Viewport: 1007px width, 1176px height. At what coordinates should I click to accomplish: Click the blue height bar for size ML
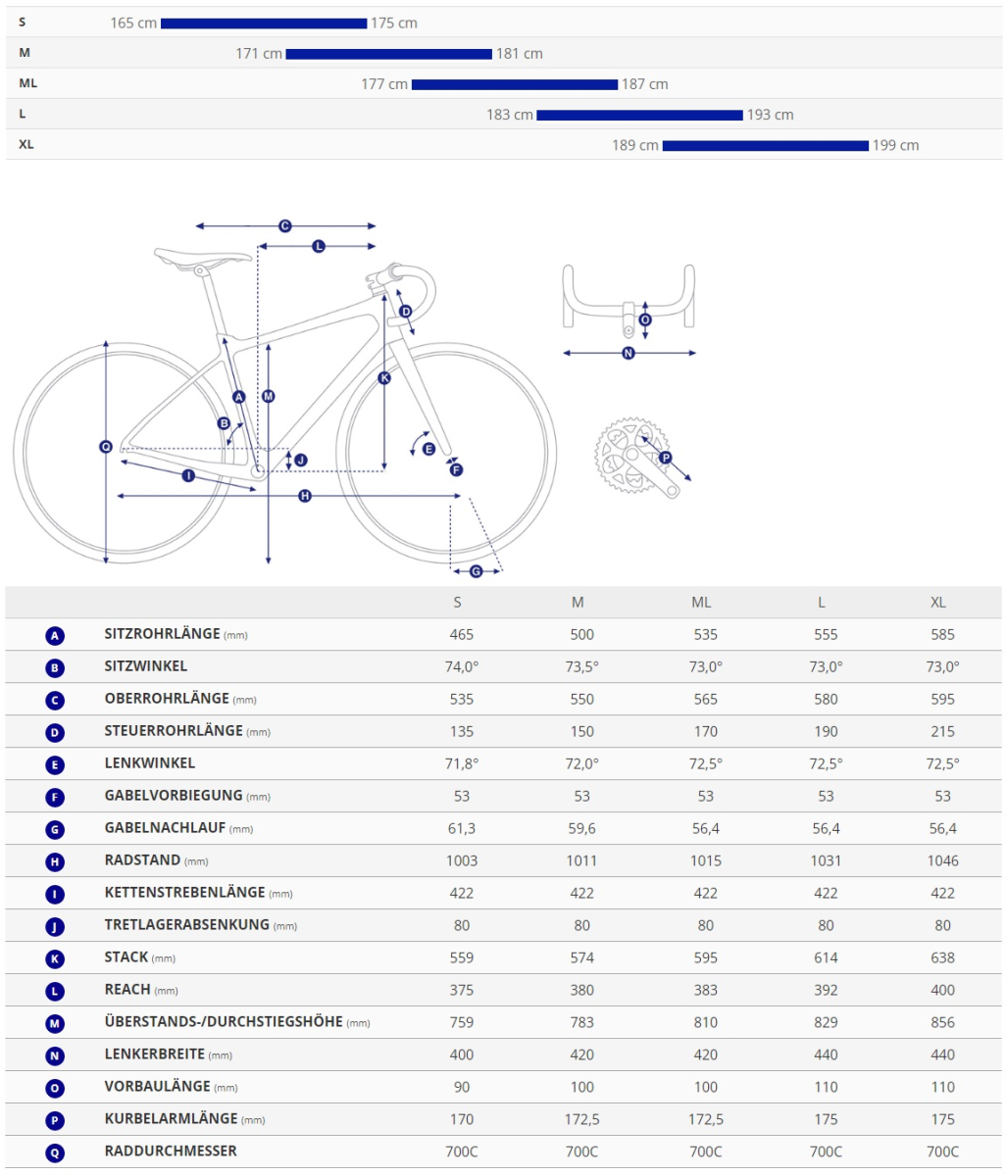(514, 85)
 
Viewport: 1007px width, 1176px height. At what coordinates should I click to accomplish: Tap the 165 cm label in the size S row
(133, 24)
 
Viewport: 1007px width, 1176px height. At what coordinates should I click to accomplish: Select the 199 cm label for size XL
(895, 146)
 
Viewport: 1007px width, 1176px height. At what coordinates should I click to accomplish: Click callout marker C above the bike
(284, 226)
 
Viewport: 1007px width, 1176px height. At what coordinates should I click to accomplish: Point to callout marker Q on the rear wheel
(106, 447)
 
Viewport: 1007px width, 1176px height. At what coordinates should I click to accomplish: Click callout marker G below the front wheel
(476, 571)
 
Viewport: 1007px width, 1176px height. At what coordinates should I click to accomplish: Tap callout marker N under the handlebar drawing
(628, 354)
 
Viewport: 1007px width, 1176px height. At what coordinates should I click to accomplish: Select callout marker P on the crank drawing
(665, 458)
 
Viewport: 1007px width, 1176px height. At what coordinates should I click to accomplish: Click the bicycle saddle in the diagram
(203, 257)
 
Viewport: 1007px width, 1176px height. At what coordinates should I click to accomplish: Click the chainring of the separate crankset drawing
(631, 455)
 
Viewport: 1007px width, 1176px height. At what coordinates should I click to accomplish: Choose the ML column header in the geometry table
(701, 603)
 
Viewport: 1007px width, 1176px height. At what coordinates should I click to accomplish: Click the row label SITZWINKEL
(146, 666)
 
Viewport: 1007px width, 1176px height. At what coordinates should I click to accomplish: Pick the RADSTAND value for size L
(826, 860)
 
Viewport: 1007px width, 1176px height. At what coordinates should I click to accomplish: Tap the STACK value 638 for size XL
(942, 957)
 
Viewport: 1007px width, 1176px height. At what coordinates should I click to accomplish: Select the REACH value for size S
(461, 990)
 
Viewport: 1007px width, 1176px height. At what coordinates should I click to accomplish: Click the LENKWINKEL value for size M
(581, 763)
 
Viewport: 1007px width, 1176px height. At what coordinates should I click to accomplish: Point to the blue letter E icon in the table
(55, 764)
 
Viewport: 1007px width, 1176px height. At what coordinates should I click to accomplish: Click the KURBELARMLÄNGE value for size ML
(705, 1120)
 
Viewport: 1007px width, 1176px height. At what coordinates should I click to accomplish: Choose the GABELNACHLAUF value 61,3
(461, 828)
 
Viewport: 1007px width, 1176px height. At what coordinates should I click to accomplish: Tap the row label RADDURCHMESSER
(171, 1151)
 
